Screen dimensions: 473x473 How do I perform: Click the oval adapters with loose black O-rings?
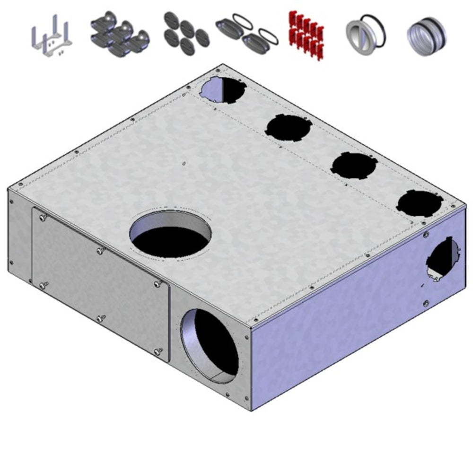[x=247, y=35]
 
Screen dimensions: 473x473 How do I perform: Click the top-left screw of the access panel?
[x=43, y=217]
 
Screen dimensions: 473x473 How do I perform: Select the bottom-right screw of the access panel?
[x=158, y=350]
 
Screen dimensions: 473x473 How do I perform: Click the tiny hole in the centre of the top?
[x=184, y=164]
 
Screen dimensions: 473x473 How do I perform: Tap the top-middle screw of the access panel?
[x=101, y=251]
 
